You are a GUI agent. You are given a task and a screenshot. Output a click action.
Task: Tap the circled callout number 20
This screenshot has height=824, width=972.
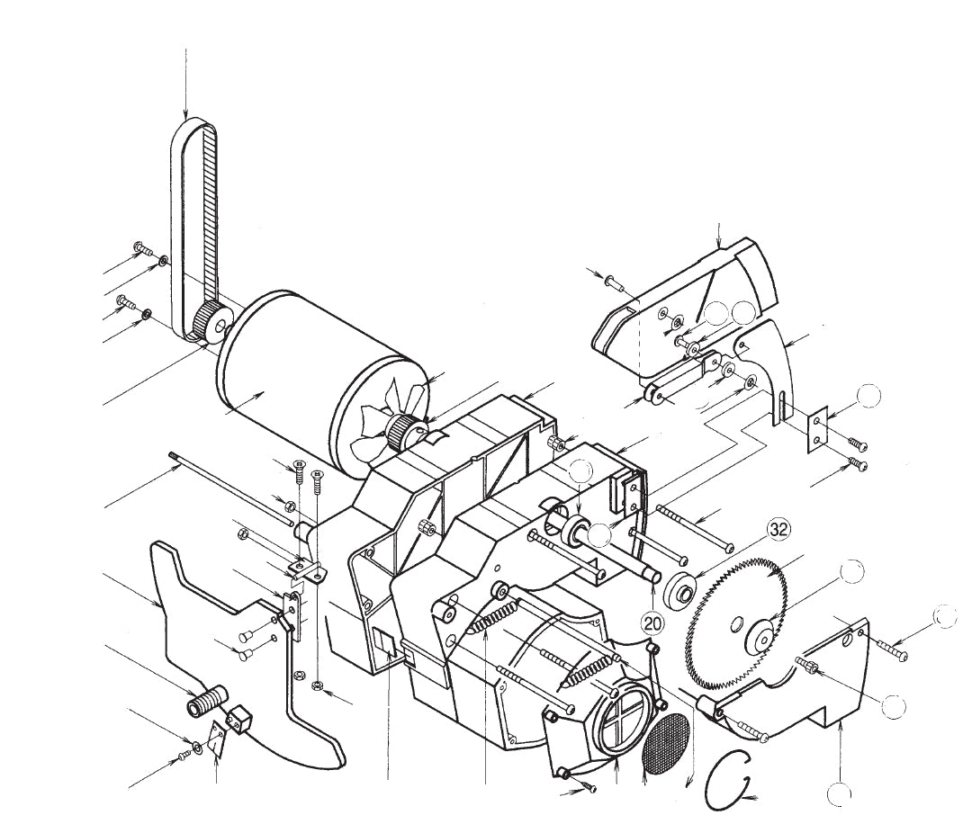(x=654, y=620)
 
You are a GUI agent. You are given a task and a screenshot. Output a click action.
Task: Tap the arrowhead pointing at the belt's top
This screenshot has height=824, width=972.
(x=185, y=115)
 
